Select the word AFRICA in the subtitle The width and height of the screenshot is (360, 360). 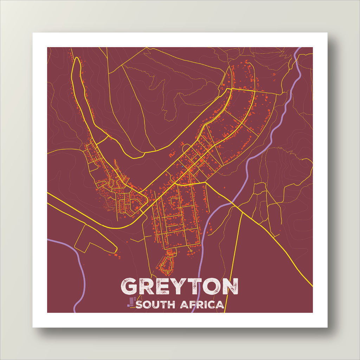[x=202, y=304]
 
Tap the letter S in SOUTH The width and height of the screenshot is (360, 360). [x=139, y=304]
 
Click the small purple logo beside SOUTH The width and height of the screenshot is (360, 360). [x=131, y=302]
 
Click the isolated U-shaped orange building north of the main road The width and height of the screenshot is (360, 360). [x=172, y=154]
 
